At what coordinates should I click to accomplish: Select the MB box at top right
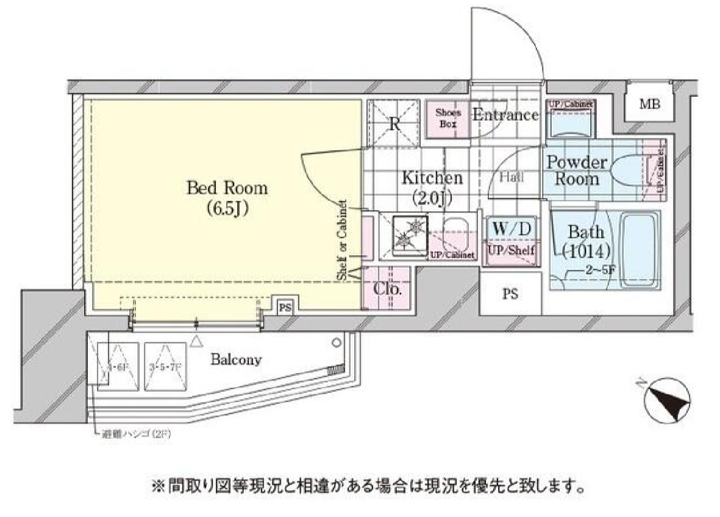point(649,104)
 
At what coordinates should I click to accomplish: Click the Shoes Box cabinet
point(448,118)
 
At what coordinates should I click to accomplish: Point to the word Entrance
point(505,115)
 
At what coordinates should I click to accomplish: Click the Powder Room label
point(576,171)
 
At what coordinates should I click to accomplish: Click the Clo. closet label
point(388,289)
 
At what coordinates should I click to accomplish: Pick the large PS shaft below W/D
point(510,294)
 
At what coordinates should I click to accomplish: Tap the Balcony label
point(236,360)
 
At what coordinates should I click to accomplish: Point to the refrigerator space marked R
point(394,123)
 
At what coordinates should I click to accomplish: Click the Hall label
point(511,178)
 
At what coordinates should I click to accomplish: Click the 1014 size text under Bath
point(586,250)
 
